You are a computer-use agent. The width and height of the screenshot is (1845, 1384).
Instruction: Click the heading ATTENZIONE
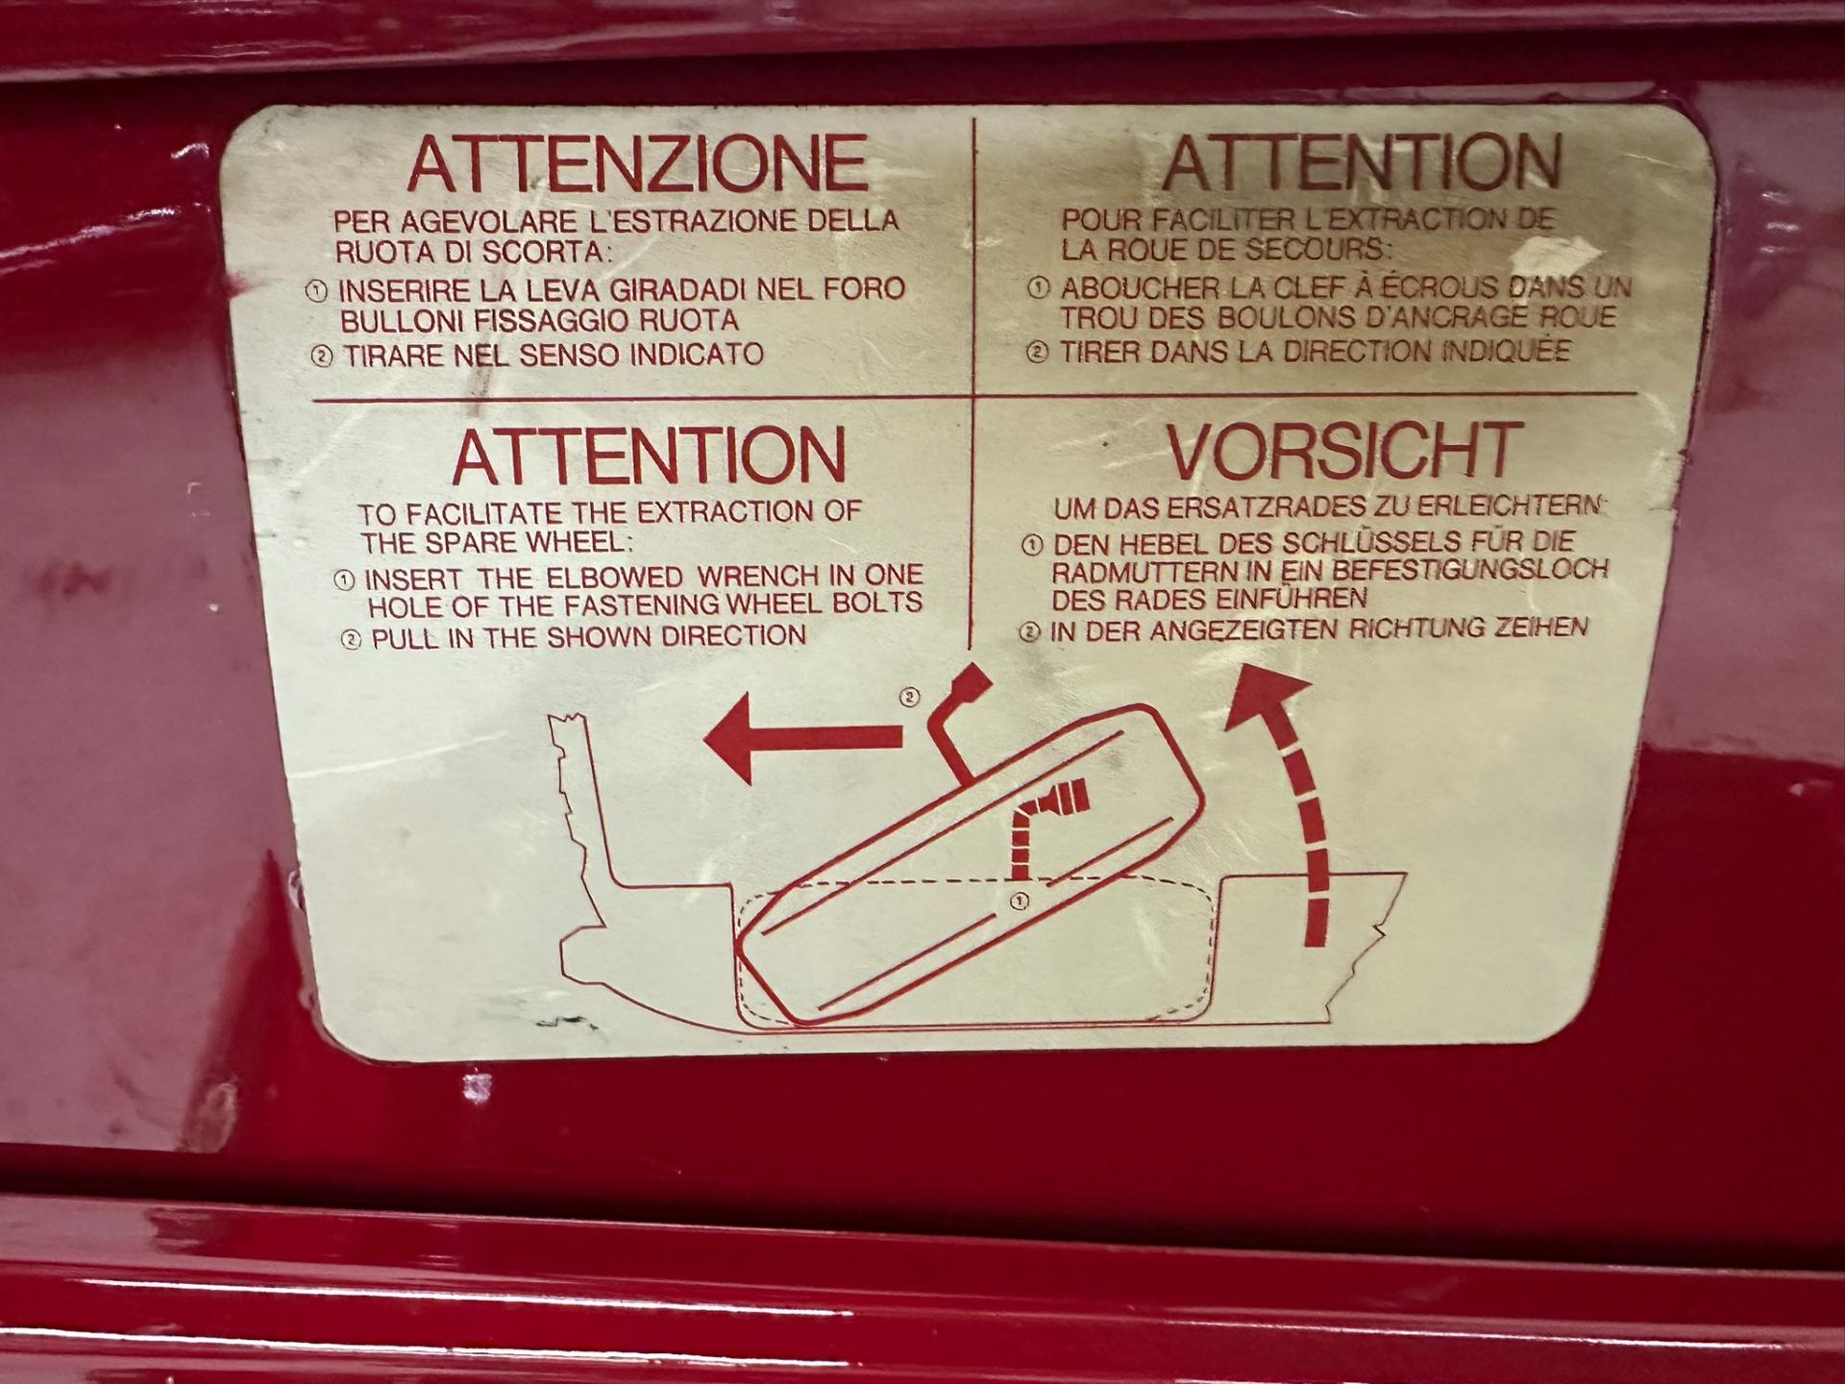pyautogui.click(x=637, y=163)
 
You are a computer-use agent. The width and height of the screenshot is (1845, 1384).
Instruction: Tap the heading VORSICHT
pyautogui.click(x=1345, y=451)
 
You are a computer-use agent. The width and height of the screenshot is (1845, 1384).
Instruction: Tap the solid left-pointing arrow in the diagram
pyautogui.click(x=803, y=738)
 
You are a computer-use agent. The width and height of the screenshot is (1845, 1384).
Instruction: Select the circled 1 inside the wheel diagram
pyautogui.click(x=1019, y=901)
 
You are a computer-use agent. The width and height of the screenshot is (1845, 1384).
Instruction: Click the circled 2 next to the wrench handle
pyautogui.click(x=909, y=697)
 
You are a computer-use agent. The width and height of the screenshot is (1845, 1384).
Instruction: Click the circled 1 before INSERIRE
pyautogui.click(x=316, y=290)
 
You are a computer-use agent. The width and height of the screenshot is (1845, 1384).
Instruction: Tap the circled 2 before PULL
pyautogui.click(x=352, y=639)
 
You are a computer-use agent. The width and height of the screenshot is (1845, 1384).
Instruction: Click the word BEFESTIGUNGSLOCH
pyautogui.click(x=1459, y=569)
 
